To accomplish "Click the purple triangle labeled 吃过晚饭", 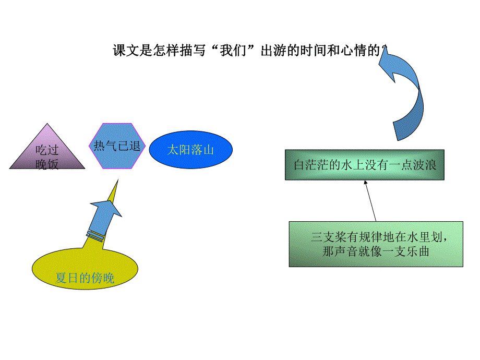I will click(x=47, y=151).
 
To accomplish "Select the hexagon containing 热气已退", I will click(x=117, y=146).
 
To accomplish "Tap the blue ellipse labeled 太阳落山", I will click(x=191, y=150).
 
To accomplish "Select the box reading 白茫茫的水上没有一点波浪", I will click(x=364, y=165).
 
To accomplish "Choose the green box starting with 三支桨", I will click(x=376, y=244).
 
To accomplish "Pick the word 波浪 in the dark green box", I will click(x=425, y=165).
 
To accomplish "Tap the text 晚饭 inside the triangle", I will click(x=47, y=165).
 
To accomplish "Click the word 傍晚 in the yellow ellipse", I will click(x=102, y=279).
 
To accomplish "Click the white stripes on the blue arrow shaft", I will click(x=95, y=235).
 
